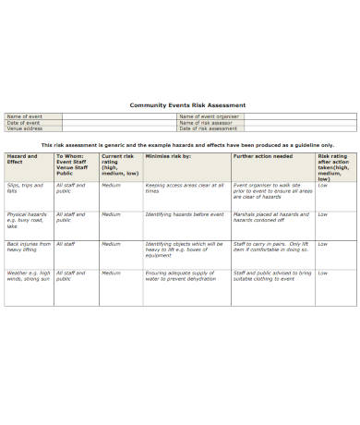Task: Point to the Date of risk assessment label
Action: tap(207, 127)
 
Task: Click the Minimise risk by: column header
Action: tap(168, 156)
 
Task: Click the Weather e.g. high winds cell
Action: tap(29, 276)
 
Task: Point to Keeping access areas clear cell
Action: tap(183, 188)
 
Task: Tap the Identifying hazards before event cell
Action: tap(184, 214)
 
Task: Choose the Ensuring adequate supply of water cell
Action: tap(182, 276)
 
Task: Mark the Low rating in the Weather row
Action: tap(323, 273)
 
